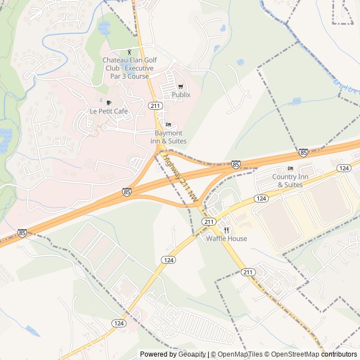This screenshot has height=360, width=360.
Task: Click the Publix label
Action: pyautogui.click(x=181, y=94)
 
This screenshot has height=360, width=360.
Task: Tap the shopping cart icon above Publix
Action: pyautogui.click(x=181, y=87)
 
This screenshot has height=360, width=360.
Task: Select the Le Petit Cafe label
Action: pyautogui.click(x=109, y=111)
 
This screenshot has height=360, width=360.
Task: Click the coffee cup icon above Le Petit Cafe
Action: pyautogui.click(x=109, y=103)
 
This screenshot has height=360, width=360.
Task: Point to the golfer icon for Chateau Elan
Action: pyautogui.click(x=130, y=52)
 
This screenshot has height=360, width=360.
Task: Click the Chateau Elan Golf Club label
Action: pyautogui.click(x=130, y=68)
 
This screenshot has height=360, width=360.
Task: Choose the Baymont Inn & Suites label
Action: pyautogui.click(x=168, y=137)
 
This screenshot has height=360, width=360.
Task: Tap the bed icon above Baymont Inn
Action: pyautogui.click(x=168, y=124)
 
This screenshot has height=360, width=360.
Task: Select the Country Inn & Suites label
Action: pyautogui.click(x=290, y=181)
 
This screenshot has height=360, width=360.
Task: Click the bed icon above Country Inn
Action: pyautogui.click(x=290, y=169)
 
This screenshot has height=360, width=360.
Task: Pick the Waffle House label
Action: pyautogui.click(x=226, y=238)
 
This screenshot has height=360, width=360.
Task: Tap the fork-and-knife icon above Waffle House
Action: pyautogui.click(x=226, y=230)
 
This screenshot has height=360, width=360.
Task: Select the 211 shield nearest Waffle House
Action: pyautogui.click(x=209, y=221)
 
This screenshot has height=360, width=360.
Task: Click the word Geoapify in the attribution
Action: pyautogui.click(x=191, y=354)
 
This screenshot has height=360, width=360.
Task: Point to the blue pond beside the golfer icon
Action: pyautogui.click(x=104, y=26)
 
